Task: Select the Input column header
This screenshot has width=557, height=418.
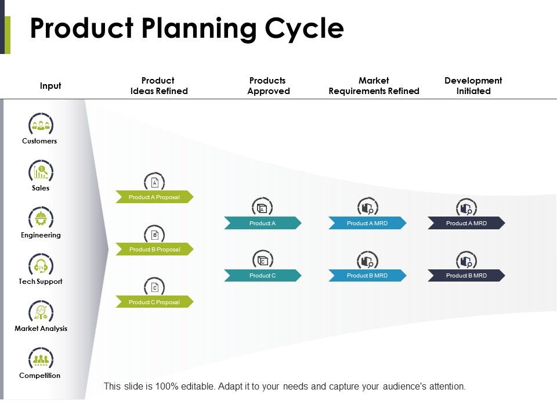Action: (x=50, y=86)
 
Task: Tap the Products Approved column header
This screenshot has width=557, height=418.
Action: (x=268, y=86)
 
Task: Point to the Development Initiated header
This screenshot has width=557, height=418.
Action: (x=473, y=86)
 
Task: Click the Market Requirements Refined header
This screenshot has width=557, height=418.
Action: (x=374, y=86)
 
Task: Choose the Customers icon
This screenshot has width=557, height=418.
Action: (x=41, y=124)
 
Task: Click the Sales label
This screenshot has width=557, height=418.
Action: (x=41, y=188)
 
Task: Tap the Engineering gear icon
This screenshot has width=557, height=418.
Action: (x=41, y=218)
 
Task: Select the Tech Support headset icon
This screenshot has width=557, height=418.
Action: (x=41, y=265)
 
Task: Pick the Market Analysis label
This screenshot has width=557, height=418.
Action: (x=41, y=329)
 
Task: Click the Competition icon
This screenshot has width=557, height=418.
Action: (x=41, y=359)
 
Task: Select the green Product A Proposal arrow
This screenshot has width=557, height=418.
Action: (x=154, y=197)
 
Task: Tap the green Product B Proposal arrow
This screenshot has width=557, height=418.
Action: (x=154, y=250)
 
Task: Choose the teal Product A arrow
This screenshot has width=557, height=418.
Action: (x=262, y=223)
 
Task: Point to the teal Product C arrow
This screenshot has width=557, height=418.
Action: (x=262, y=276)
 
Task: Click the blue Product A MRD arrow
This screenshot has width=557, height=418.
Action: (x=367, y=223)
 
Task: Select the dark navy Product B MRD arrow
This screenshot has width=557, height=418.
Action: (x=466, y=276)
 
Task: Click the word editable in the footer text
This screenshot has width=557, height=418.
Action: (x=197, y=386)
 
